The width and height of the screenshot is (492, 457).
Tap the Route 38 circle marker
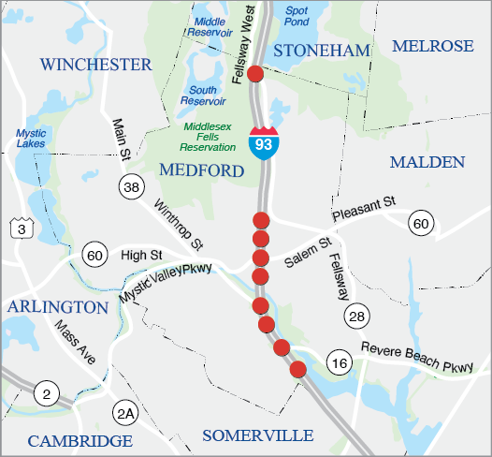132,188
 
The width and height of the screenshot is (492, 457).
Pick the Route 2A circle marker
125,412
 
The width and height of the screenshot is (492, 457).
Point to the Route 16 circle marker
340,363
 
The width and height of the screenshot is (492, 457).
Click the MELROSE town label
433,46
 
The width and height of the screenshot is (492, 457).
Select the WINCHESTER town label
96,65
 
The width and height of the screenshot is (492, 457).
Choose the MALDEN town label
427,162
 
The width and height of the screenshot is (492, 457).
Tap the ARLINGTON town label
59,307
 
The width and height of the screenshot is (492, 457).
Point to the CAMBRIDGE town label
80,441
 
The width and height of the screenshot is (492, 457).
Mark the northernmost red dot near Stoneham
253,75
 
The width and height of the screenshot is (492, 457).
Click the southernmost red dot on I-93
298,369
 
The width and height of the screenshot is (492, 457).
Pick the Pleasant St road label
365,208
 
